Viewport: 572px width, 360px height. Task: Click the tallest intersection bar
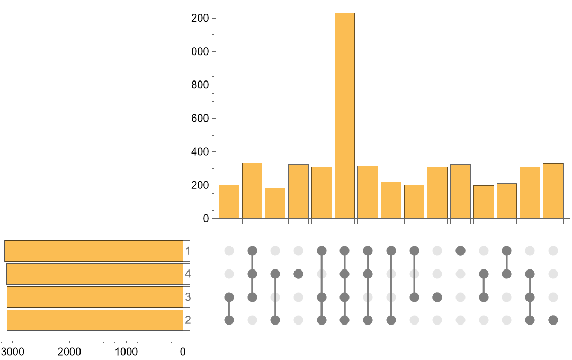(x=344, y=115)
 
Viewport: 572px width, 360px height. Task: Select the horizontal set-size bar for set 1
(x=94, y=251)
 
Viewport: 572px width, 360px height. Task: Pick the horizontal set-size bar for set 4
(x=95, y=274)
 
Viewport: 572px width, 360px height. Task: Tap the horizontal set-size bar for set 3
(x=95, y=297)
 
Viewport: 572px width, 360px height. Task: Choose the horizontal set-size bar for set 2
(x=95, y=320)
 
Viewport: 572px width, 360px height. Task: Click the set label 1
(x=187, y=250)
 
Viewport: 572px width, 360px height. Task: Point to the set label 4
(x=187, y=274)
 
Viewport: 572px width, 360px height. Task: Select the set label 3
(x=187, y=297)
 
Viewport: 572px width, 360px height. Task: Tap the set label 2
(x=187, y=320)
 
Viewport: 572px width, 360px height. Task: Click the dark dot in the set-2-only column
(x=553, y=320)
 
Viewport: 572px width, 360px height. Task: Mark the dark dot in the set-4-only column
(x=298, y=274)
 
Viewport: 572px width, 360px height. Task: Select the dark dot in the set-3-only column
(x=437, y=297)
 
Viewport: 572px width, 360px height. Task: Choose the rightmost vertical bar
(x=553, y=191)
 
